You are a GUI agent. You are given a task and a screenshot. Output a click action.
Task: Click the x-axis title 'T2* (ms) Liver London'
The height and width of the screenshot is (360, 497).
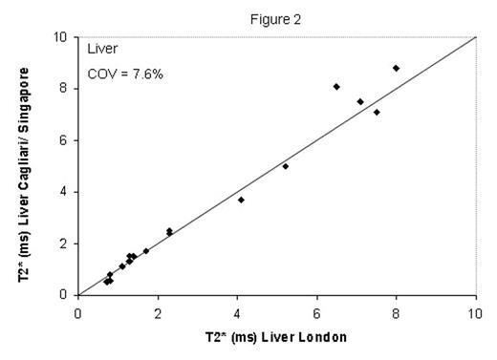pos(275,337)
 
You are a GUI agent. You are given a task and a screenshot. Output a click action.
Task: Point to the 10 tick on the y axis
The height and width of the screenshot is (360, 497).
pos(61,37)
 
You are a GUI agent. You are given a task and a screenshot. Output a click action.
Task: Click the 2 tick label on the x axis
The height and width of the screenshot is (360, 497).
pos(157,310)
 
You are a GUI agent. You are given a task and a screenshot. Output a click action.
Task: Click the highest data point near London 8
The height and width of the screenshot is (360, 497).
pos(396,68)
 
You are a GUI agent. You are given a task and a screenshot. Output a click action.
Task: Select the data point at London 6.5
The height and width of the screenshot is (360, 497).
pos(336,86)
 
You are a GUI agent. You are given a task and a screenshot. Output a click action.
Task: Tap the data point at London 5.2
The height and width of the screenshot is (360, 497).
pos(285,166)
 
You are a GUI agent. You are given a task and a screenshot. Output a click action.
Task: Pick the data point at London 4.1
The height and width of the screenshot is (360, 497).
pos(241,200)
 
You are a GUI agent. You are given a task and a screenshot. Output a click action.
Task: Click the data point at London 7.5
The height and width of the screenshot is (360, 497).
pos(377,112)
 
